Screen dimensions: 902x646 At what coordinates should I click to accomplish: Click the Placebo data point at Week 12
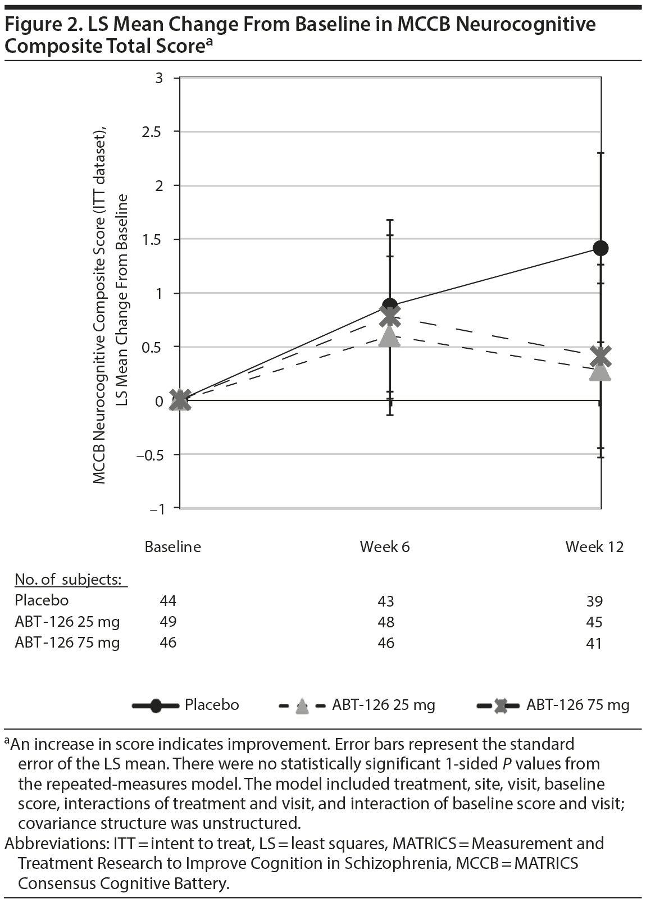pyautogui.click(x=600, y=248)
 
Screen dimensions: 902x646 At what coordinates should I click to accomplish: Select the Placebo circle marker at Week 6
pyautogui.click(x=390, y=306)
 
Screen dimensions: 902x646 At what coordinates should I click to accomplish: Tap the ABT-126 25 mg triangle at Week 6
pyautogui.click(x=389, y=336)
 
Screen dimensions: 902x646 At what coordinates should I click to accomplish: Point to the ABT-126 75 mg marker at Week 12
pyautogui.click(x=600, y=356)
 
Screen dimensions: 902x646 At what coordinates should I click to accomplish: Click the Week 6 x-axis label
pyautogui.click(x=385, y=546)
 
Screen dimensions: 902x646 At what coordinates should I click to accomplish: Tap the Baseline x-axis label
pyautogui.click(x=172, y=546)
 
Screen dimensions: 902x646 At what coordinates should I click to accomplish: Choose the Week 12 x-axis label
pyautogui.click(x=594, y=546)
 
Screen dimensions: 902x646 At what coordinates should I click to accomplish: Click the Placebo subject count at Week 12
pyautogui.click(x=594, y=601)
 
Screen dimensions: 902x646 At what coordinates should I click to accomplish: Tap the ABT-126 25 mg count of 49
pyautogui.click(x=168, y=622)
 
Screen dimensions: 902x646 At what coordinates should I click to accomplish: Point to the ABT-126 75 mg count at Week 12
pyautogui.click(x=594, y=643)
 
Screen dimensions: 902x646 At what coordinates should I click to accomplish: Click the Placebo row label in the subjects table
pyautogui.click(x=42, y=600)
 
